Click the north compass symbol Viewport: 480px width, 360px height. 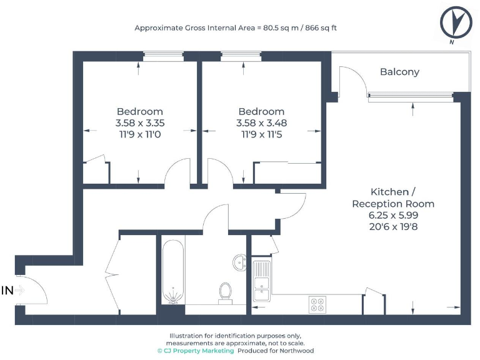456,24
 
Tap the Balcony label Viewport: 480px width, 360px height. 399,72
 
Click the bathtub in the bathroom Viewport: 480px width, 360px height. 171,272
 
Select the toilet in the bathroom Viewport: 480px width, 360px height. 225,292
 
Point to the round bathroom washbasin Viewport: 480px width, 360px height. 239,262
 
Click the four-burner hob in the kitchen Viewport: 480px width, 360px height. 317,304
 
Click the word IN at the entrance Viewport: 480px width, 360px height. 7,290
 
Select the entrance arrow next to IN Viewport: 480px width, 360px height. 20,290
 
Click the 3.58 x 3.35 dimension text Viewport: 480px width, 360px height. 139,123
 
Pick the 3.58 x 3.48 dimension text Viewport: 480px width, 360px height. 261,123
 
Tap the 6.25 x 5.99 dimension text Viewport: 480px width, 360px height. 392,215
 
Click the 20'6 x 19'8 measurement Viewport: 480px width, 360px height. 392,226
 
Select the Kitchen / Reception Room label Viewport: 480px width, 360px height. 392,197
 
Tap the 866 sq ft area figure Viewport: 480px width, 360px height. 319,28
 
